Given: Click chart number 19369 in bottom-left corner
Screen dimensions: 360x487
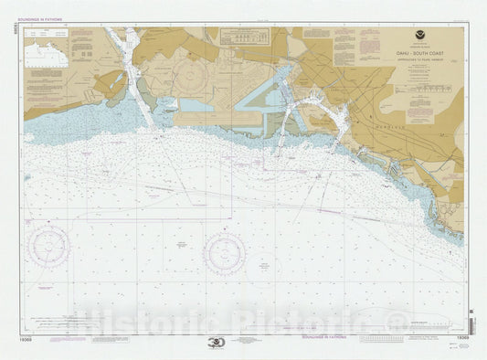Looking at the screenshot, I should coord(32,337).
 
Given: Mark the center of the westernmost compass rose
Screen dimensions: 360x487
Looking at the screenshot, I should coord(51,245).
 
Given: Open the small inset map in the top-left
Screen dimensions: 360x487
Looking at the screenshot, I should coord(46,56).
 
